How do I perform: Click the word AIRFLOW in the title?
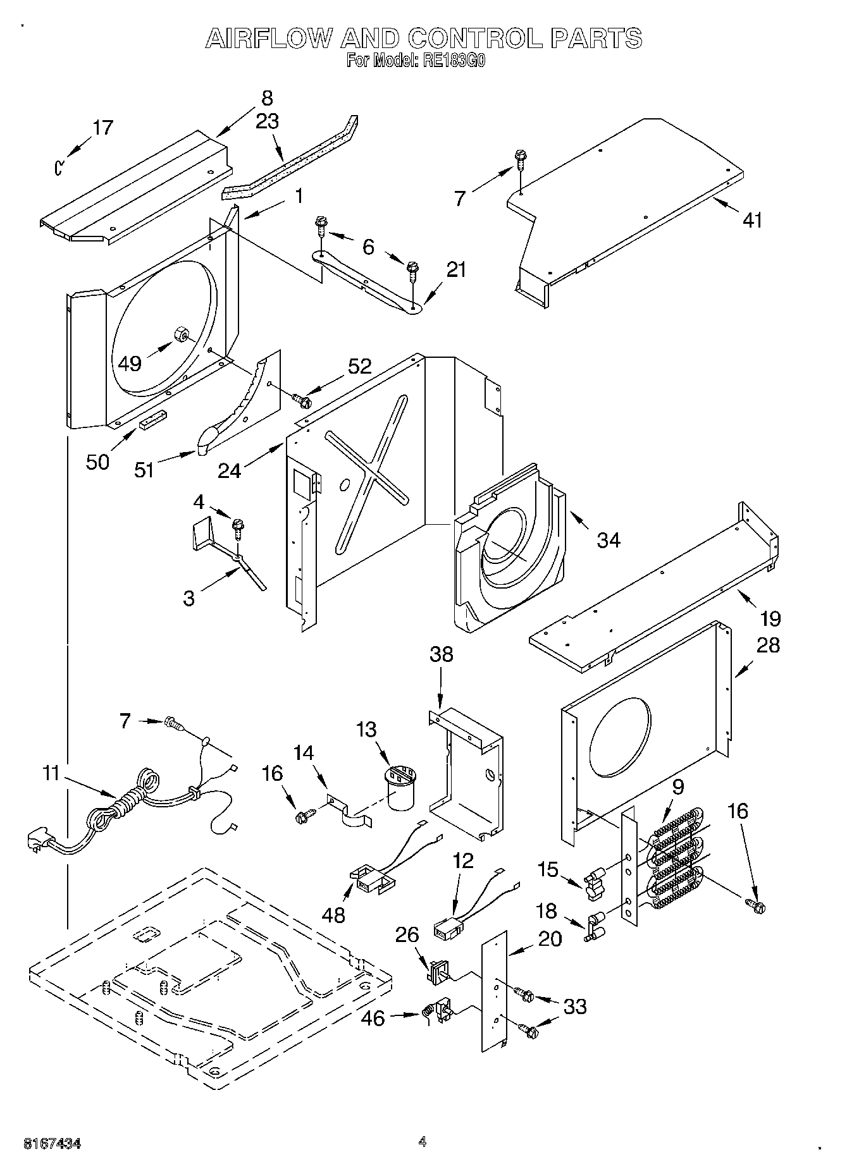(269, 39)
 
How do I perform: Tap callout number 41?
(752, 220)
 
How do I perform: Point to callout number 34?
(609, 540)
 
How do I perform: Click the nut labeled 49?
(179, 333)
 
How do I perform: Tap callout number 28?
(767, 645)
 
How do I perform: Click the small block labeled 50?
(152, 419)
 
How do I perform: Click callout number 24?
(229, 470)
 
